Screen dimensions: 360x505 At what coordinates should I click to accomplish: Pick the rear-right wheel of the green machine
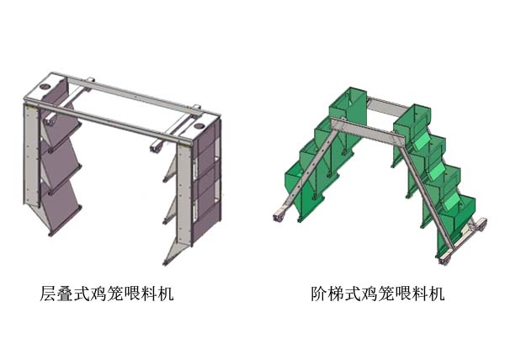coord(482,225)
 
